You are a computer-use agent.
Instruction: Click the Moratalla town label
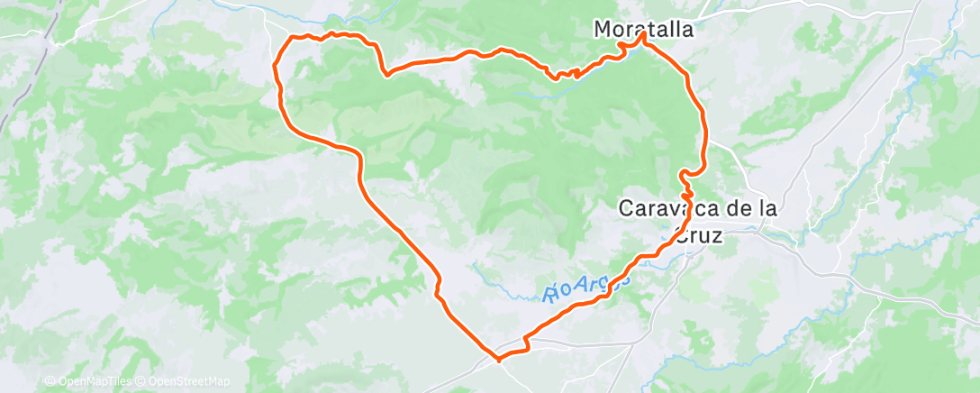coord(644,29)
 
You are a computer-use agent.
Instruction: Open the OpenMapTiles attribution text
coord(94,381)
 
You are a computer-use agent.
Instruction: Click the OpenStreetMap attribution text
coord(190,381)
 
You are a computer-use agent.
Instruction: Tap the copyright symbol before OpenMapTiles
coord(50,381)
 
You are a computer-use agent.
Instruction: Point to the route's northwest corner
coord(291,38)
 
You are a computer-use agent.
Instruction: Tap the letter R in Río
coord(549,294)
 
